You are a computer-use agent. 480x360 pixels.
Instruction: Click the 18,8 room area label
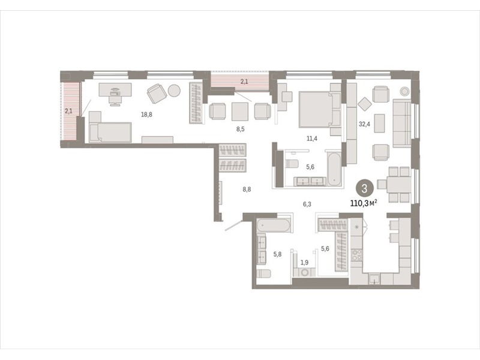pyautogui.click(x=146, y=115)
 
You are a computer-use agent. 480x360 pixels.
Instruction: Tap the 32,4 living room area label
pyautogui.click(x=364, y=124)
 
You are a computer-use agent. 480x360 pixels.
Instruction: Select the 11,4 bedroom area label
pyautogui.click(x=312, y=139)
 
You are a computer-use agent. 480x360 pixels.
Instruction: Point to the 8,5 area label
pyautogui.click(x=241, y=129)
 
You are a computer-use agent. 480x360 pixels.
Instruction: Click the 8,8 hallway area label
pyautogui.click(x=247, y=190)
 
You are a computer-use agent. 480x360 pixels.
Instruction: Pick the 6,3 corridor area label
pyautogui.click(x=307, y=204)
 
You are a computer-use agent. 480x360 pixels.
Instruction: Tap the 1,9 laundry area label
pyautogui.click(x=304, y=262)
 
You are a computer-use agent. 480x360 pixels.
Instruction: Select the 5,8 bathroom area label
pyautogui.click(x=277, y=254)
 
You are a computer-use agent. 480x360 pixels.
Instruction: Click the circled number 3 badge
pyautogui.click(x=364, y=188)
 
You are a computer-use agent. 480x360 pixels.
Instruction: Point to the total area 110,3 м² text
pyautogui.click(x=364, y=202)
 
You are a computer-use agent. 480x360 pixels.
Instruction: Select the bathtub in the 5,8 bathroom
pyautogui.click(x=273, y=226)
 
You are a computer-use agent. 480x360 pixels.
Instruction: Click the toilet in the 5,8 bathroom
pyautogui.click(x=264, y=273)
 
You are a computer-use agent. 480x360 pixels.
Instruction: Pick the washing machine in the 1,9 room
pyautogui.click(x=305, y=272)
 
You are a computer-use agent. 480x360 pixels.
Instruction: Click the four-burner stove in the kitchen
pyautogui.click(x=356, y=255)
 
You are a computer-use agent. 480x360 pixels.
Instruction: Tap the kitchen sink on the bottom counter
pyautogui.click(x=374, y=278)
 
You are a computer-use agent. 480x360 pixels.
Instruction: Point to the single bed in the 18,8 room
pyautogui.click(x=110, y=132)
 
